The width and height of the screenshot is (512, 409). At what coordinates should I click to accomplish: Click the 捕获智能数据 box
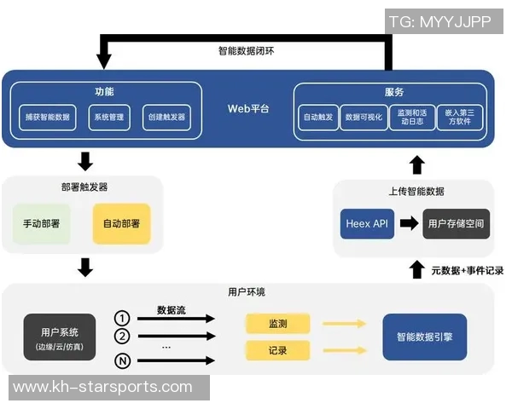tap(48, 117)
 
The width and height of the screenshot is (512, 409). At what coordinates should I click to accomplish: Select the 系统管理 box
tap(109, 117)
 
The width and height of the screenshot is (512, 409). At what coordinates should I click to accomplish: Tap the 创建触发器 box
tap(166, 117)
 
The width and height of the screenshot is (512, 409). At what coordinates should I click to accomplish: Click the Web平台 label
tap(247, 109)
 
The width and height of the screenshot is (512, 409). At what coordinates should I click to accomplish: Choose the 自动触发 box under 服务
tap(318, 117)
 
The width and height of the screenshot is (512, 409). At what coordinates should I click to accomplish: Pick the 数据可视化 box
tap(364, 117)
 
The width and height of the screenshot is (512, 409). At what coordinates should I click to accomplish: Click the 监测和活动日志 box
tap(412, 117)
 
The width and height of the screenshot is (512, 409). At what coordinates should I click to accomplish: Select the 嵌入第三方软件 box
tap(462, 117)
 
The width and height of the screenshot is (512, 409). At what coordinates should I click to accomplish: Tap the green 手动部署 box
tap(42, 223)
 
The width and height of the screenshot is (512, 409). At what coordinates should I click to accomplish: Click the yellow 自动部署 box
tap(121, 223)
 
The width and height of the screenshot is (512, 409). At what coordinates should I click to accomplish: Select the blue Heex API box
tap(367, 223)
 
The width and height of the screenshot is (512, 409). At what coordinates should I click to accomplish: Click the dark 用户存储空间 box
tap(457, 223)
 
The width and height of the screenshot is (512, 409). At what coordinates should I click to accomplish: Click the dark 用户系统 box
tap(60, 337)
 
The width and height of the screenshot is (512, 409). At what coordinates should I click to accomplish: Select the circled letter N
tap(122, 361)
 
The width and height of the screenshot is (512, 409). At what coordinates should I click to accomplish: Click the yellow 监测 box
tap(277, 323)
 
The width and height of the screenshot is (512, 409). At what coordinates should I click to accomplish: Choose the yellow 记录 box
tap(277, 349)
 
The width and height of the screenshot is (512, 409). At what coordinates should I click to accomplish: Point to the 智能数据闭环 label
tap(246, 50)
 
